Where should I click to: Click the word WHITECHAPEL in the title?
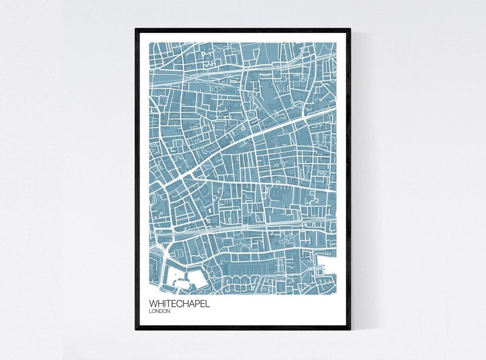click(x=179, y=303)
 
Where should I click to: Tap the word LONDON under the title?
click(x=160, y=311)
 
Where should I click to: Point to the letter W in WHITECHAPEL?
click(x=153, y=303)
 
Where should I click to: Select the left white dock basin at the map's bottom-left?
click(x=175, y=275)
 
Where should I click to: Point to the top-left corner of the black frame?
click(x=136, y=29)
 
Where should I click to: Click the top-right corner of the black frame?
click(x=350, y=29)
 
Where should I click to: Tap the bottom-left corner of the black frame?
click(x=136, y=329)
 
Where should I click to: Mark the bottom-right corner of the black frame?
click(x=350, y=329)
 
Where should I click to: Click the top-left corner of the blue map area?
click(x=150, y=43)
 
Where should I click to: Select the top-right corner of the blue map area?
click(x=336, y=43)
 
